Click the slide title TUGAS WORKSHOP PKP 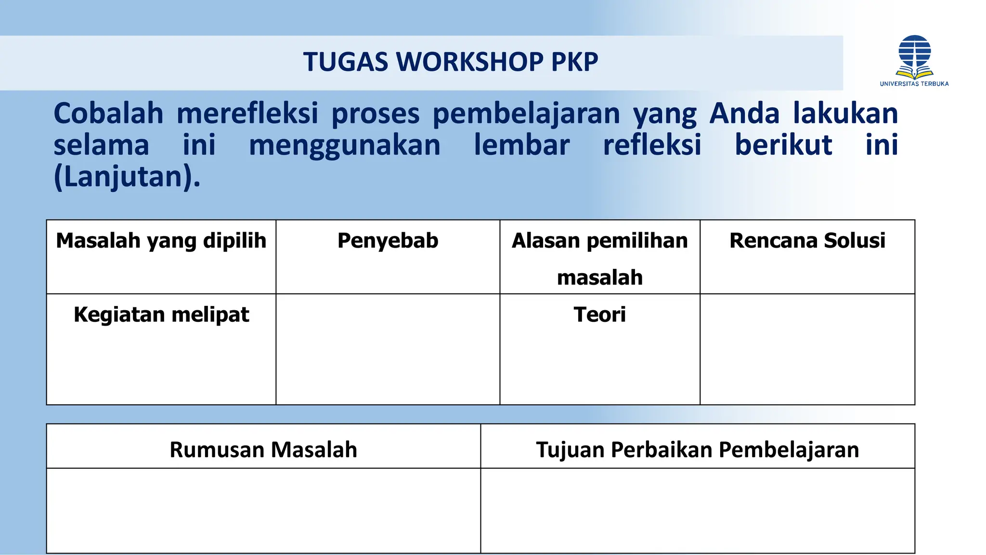tap(450, 62)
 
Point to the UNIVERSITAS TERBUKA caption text tap(914, 84)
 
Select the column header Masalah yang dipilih tap(161, 240)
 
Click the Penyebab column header tap(388, 240)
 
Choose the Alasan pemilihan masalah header tap(599, 258)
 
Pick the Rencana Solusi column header tap(807, 240)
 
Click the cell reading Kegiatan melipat tap(161, 315)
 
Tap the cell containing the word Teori tap(599, 315)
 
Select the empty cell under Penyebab tap(388, 349)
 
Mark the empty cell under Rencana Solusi tap(807, 349)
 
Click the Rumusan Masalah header tap(263, 449)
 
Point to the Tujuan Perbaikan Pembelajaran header tap(697, 449)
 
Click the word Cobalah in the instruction tap(108, 114)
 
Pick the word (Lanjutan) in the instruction tap(127, 177)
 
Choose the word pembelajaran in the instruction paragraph tap(526, 115)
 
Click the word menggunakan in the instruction tap(344, 146)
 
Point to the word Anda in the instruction tap(744, 114)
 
